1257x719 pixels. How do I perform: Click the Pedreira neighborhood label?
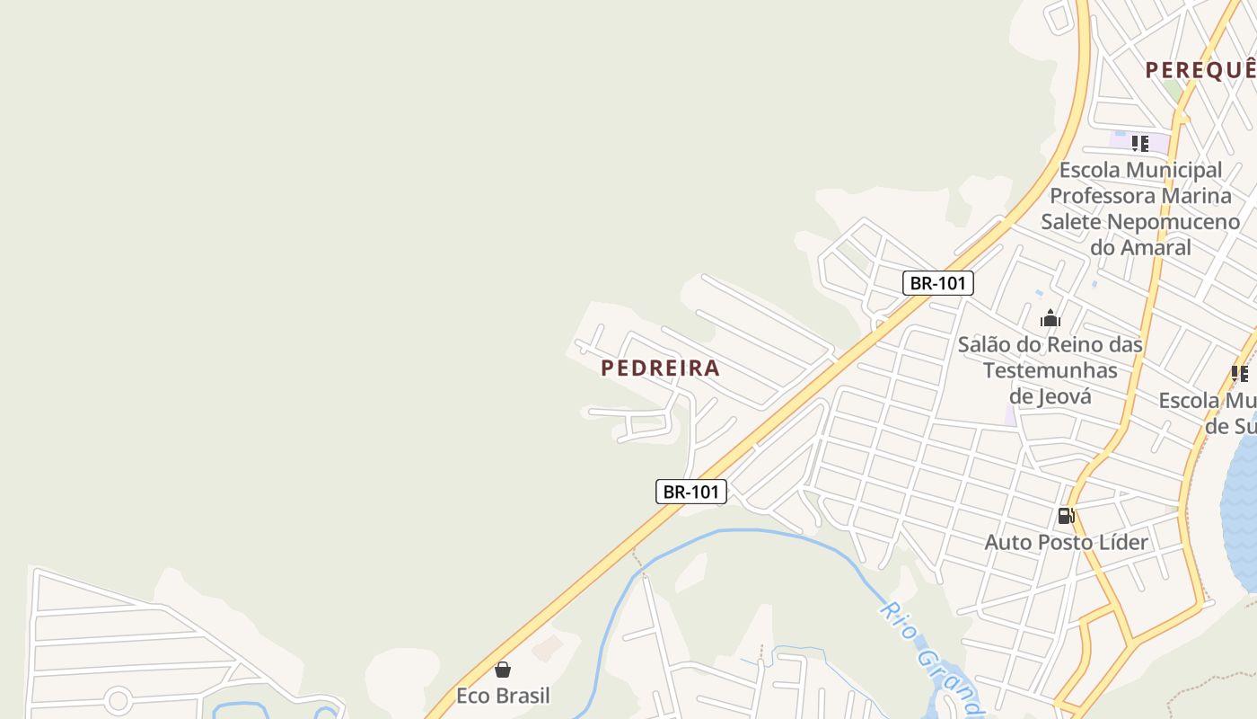[x=660, y=368]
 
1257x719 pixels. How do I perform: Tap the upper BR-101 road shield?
[x=937, y=283]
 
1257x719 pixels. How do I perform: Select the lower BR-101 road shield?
[x=690, y=492]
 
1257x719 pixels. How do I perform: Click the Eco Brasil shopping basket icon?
[x=503, y=670]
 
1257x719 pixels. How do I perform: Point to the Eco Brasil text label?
[x=503, y=696]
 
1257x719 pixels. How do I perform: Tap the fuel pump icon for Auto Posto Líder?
[x=1066, y=516]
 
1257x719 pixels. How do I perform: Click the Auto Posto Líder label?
[x=1066, y=542]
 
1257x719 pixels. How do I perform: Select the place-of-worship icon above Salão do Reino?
[x=1050, y=318]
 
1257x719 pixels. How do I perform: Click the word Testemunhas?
[x=1050, y=370]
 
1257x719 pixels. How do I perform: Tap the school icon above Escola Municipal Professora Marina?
[x=1140, y=143]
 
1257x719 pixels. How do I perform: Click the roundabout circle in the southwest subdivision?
[x=118, y=700]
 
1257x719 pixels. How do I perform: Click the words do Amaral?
[x=1140, y=247]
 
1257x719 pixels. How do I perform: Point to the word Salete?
[x=1071, y=221]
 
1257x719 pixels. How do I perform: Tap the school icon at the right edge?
[x=1240, y=374]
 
